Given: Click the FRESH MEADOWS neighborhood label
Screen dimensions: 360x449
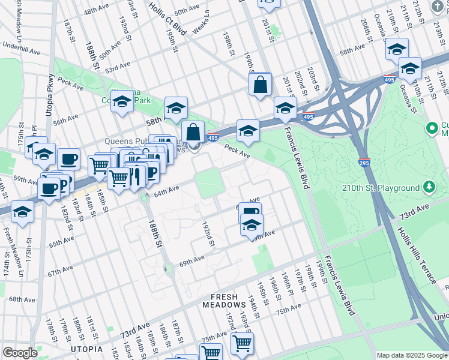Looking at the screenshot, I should [234, 297].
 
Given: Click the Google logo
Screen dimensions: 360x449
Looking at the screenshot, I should [20, 353].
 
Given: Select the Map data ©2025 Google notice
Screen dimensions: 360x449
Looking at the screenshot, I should [412, 355].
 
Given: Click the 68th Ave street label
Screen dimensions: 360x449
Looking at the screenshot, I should [22, 299].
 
